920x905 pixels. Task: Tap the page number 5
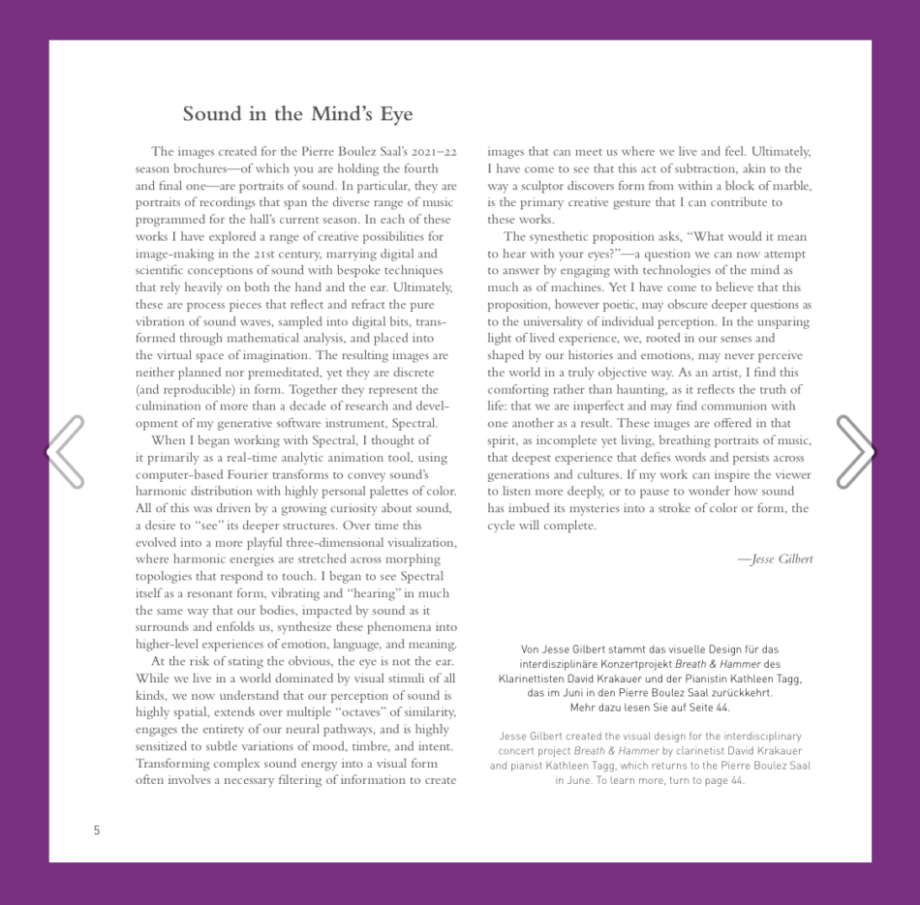click(97, 830)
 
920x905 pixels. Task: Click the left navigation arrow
click(66, 451)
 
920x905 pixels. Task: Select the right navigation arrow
click(855, 451)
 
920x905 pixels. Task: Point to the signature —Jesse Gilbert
click(775, 559)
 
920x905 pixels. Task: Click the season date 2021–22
click(434, 151)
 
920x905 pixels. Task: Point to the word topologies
click(166, 576)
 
